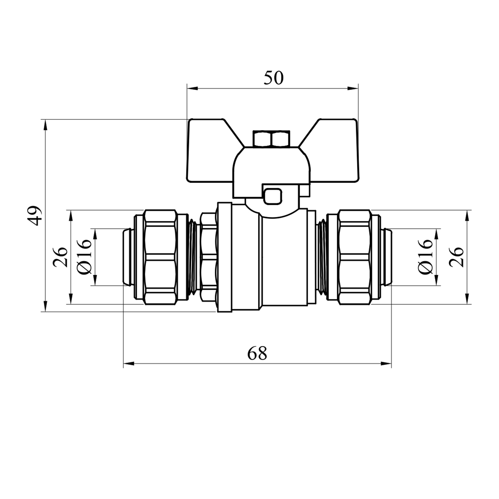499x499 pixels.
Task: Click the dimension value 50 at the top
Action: click(273, 78)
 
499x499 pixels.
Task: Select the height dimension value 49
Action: click(35, 215)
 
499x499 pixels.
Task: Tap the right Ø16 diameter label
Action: click(426, 256)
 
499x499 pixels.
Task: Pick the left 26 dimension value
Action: click(60, 257)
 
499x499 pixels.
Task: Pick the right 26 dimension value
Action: click(456, 257)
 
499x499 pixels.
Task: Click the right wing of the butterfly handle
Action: click(333, 150)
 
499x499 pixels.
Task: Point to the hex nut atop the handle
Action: click(271, 139)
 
